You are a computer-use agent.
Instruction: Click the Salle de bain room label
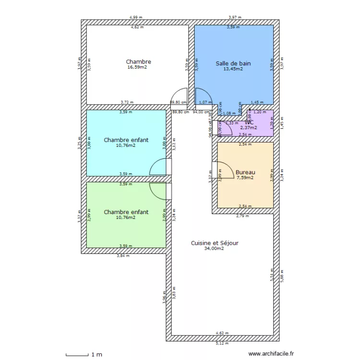233,63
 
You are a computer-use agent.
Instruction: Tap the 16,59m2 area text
137,68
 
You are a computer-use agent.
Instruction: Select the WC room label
249,122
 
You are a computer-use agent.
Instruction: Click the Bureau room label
245,172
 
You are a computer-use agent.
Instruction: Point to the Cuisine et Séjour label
215,243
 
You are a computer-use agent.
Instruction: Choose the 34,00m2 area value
214,249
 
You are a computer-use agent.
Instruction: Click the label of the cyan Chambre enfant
126,140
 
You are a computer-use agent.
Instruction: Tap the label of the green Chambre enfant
126,212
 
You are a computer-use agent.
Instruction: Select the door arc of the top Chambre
179,97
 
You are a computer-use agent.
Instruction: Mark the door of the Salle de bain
204,97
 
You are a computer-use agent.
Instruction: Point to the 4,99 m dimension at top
136,17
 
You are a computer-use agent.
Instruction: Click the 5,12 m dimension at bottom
222,343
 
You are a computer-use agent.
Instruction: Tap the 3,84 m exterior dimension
123,256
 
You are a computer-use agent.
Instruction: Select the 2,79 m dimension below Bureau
243,216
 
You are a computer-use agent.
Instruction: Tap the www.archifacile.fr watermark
270,354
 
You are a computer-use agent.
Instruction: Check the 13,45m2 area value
233,69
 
